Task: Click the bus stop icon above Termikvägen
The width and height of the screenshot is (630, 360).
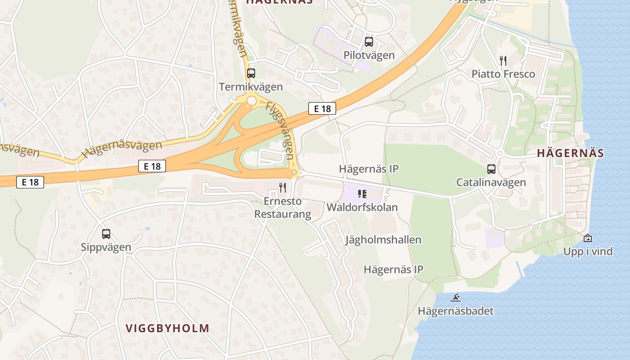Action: (251, 73)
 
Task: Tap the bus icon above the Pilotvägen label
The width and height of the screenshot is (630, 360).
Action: (369, 42)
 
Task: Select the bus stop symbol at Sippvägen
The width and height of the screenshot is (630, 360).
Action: (106, 234)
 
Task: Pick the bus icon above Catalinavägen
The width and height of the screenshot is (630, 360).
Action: (491, 169)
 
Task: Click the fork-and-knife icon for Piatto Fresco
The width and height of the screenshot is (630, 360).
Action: (503, 61)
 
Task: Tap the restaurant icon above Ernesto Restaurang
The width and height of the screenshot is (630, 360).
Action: (283, 187)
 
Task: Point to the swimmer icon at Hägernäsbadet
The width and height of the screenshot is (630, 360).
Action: (455, 297)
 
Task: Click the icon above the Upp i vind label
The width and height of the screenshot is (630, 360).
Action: (588, 238)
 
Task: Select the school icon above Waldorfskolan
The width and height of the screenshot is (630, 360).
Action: (362, 194)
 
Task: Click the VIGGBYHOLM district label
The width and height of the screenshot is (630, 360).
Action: (167, 328)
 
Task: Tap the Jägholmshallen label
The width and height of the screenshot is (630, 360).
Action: (383, 239)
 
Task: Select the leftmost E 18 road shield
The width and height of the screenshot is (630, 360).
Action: (30, 182)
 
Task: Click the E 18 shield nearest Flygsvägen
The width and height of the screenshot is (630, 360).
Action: (322, 108)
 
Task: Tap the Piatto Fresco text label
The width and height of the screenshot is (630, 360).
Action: (503, 74)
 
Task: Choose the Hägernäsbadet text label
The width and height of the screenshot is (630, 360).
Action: (455, 311)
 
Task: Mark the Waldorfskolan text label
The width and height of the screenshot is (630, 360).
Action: (362, 207)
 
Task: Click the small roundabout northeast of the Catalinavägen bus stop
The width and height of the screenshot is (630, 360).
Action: (499, 153)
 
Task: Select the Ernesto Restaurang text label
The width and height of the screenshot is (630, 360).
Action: (283, 207)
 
